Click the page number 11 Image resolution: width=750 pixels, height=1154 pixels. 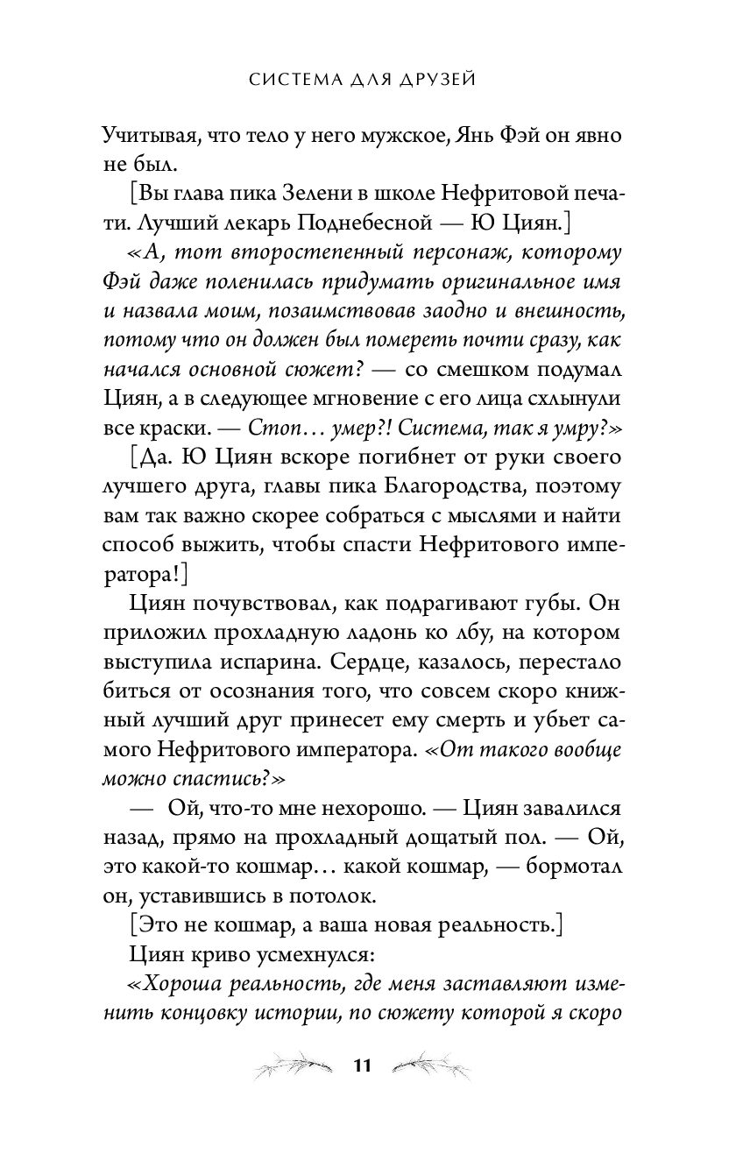pos(363,1066)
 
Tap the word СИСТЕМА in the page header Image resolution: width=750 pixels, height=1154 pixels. pos(288,81)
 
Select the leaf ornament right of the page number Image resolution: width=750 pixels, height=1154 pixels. pos(431,1066)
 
